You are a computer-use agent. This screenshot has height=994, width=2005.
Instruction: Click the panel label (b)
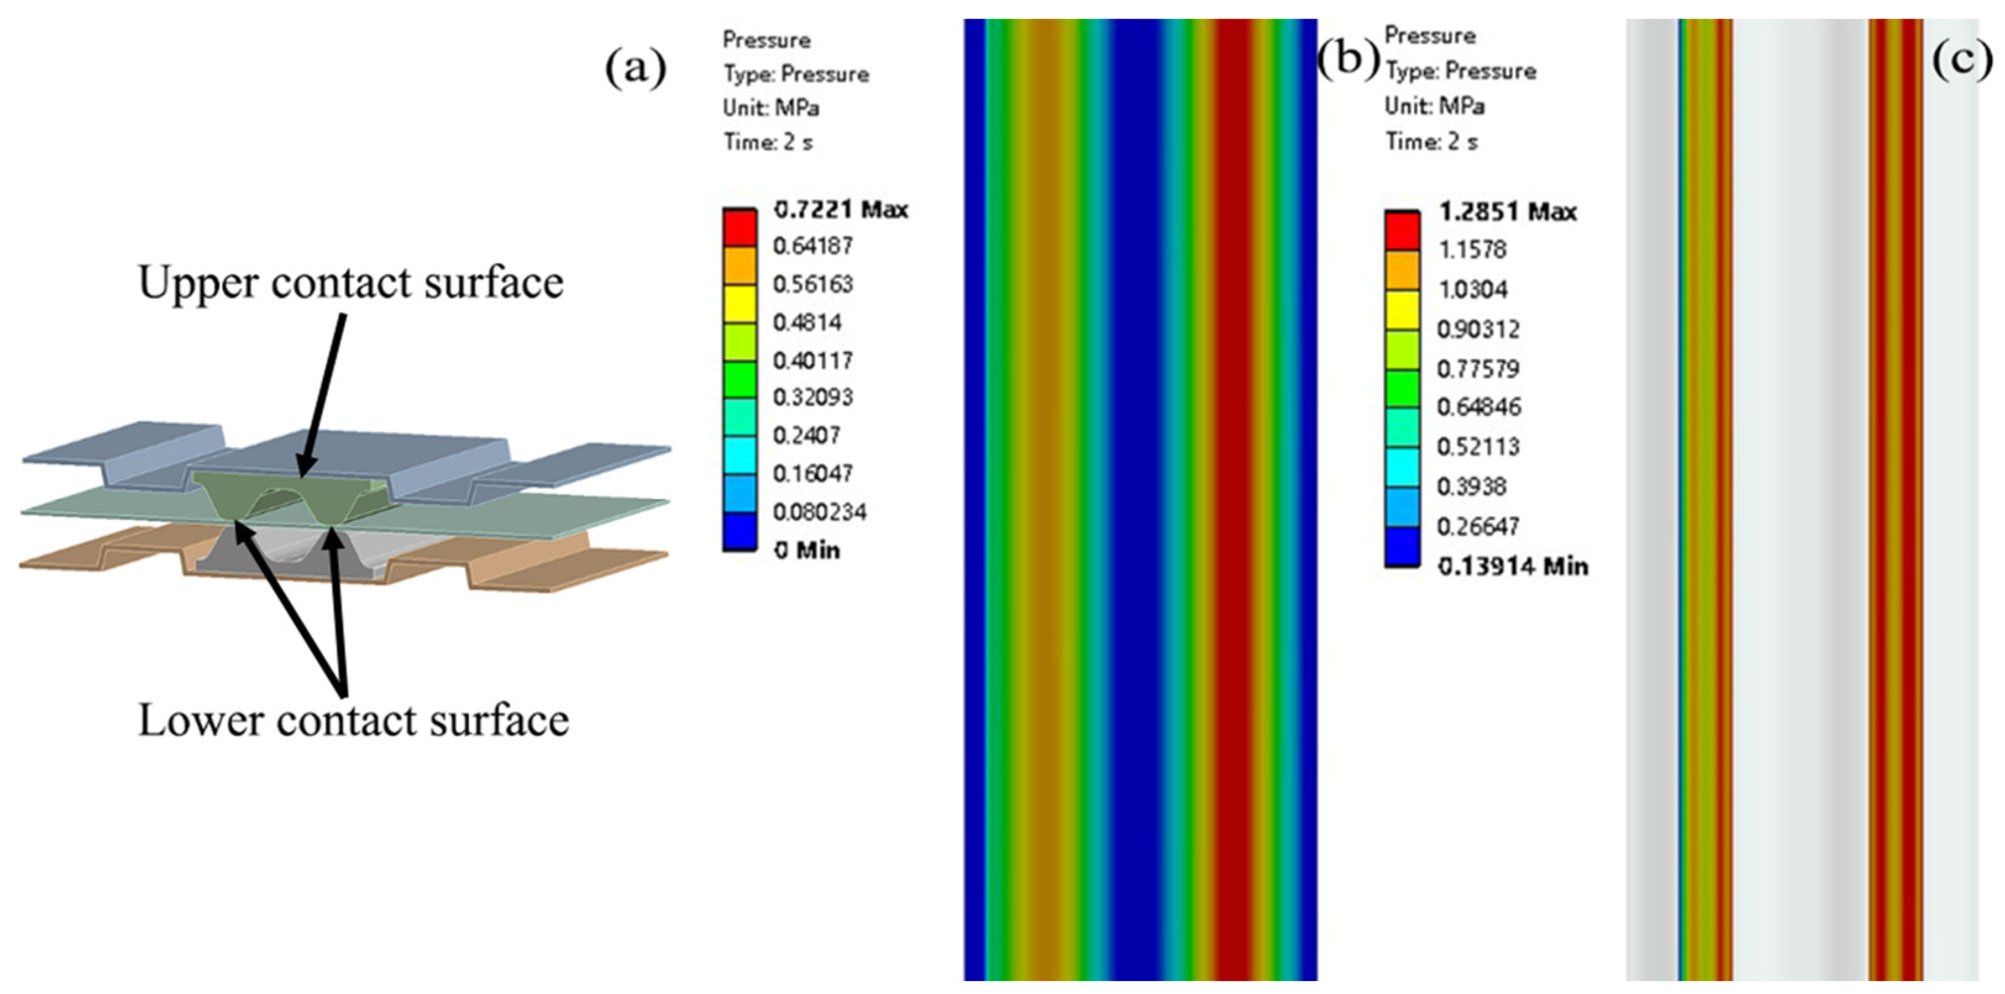pos(1348,59)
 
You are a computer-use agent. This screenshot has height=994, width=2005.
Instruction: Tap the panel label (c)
pos(1962,59)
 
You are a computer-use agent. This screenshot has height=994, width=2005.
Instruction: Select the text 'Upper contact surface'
pos(350,282)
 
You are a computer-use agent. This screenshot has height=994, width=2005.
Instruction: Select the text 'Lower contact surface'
pos(353,720)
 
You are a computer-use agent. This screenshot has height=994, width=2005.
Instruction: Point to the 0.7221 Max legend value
pos(840,209)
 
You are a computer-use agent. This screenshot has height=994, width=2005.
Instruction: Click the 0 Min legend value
pos(806,550)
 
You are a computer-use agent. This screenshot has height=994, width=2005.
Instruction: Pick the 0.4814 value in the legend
pos(807,322)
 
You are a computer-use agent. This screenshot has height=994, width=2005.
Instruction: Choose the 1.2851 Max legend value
pos(1508,212)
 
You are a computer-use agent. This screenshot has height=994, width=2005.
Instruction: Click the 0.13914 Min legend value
pos(1512,566)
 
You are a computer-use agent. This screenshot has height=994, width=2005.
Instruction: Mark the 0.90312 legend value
pos(1478,329)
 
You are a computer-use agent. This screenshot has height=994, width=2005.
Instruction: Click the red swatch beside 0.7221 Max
pos(739,227)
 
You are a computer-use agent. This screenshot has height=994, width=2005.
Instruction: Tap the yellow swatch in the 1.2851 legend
pos(1401,310)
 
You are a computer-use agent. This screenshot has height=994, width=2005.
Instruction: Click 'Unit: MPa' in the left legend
pos(771,108)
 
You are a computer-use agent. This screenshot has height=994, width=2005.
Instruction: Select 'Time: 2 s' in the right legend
pos(1431,141)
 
